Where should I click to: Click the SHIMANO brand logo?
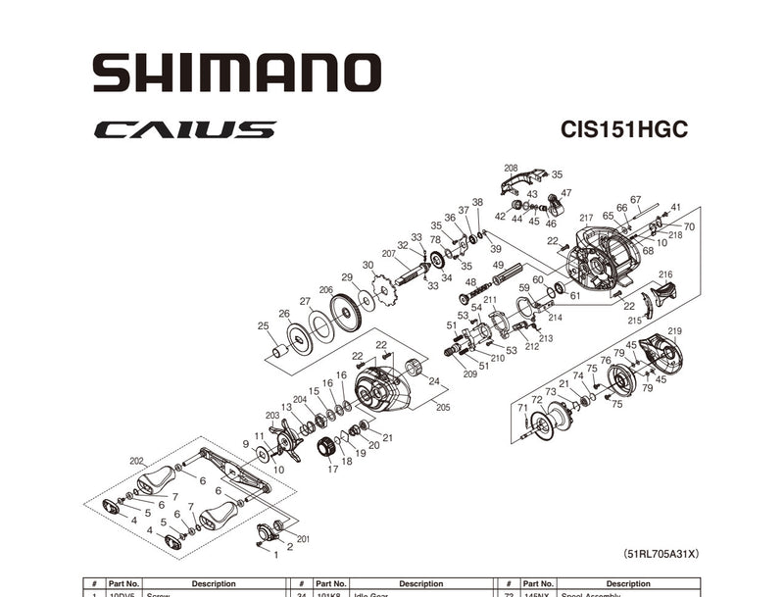(x=236, y=74)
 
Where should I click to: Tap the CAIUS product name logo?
(x=185, y=129)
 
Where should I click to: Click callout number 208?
(x=511, y=168)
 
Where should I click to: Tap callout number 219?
(x=674, y=331)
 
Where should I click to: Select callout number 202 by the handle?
(x=136, y=460)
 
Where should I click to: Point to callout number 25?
(x=263, y=325)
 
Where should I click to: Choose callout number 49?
(x=498, y=266)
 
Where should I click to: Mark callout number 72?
(x=536, y=399)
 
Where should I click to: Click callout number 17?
(x=332, y=470)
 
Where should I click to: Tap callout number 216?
(x=665, y=274)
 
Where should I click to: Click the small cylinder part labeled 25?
(x=278, y=350)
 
